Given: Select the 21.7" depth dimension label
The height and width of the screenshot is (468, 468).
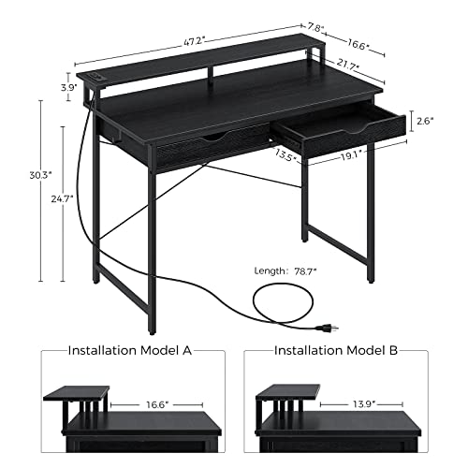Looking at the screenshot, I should coord(348,66).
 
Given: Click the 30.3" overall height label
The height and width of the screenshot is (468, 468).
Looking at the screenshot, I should coord(39,174).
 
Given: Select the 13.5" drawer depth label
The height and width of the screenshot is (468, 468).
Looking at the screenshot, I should coord(287,157).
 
